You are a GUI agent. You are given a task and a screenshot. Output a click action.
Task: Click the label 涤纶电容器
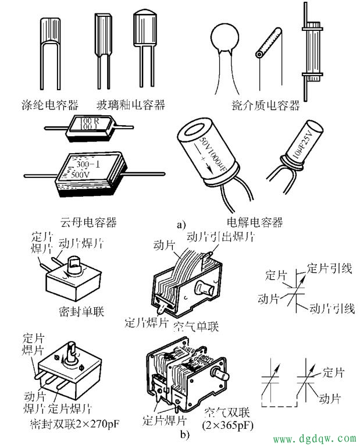(x=54, y=105)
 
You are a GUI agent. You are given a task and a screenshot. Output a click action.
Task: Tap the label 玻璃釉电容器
(x=131, y=105)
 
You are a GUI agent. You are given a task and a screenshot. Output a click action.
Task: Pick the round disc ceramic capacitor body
(x=227, y=37)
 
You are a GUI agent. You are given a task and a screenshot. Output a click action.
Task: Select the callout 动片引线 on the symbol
(x=332, y=308)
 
